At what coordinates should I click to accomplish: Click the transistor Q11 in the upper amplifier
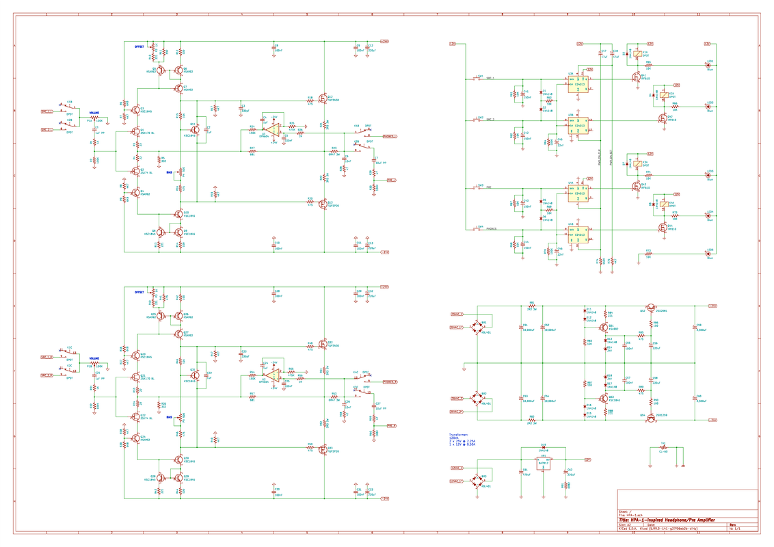pyautogui.click(x=195, y=129)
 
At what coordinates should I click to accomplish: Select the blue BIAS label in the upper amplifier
pyautogui.click(x=169, y=172)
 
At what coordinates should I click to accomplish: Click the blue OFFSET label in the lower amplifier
pyautogui.click(x=139, y=292)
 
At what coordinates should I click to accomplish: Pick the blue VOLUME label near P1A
pyautogui.click(x=94, y=113)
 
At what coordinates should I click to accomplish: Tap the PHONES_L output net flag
pyautogui.click(x=390, y=136)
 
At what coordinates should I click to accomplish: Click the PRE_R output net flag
pyautogui.click(x=391, y=426)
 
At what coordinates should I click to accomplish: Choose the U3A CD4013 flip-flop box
pyautogui.click(x=579, y=84)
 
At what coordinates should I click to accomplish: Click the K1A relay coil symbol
pyautogui.click(x=637, y=53)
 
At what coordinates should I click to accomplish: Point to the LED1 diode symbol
pyautogui.click(x=708, y=66)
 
